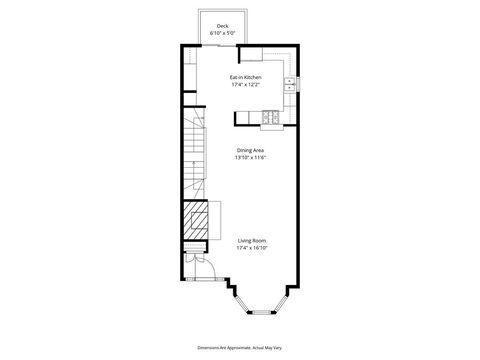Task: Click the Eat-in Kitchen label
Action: [245, 77]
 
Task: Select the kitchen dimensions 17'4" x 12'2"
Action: [245, 84]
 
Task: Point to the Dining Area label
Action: [251, 151]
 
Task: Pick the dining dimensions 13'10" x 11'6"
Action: [251, 158]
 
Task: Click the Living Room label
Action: [251, 240]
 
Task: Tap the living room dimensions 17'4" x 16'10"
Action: [251, 247]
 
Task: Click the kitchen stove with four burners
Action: [271, 119]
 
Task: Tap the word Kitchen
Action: [252, 77]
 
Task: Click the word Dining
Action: [243, 151]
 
